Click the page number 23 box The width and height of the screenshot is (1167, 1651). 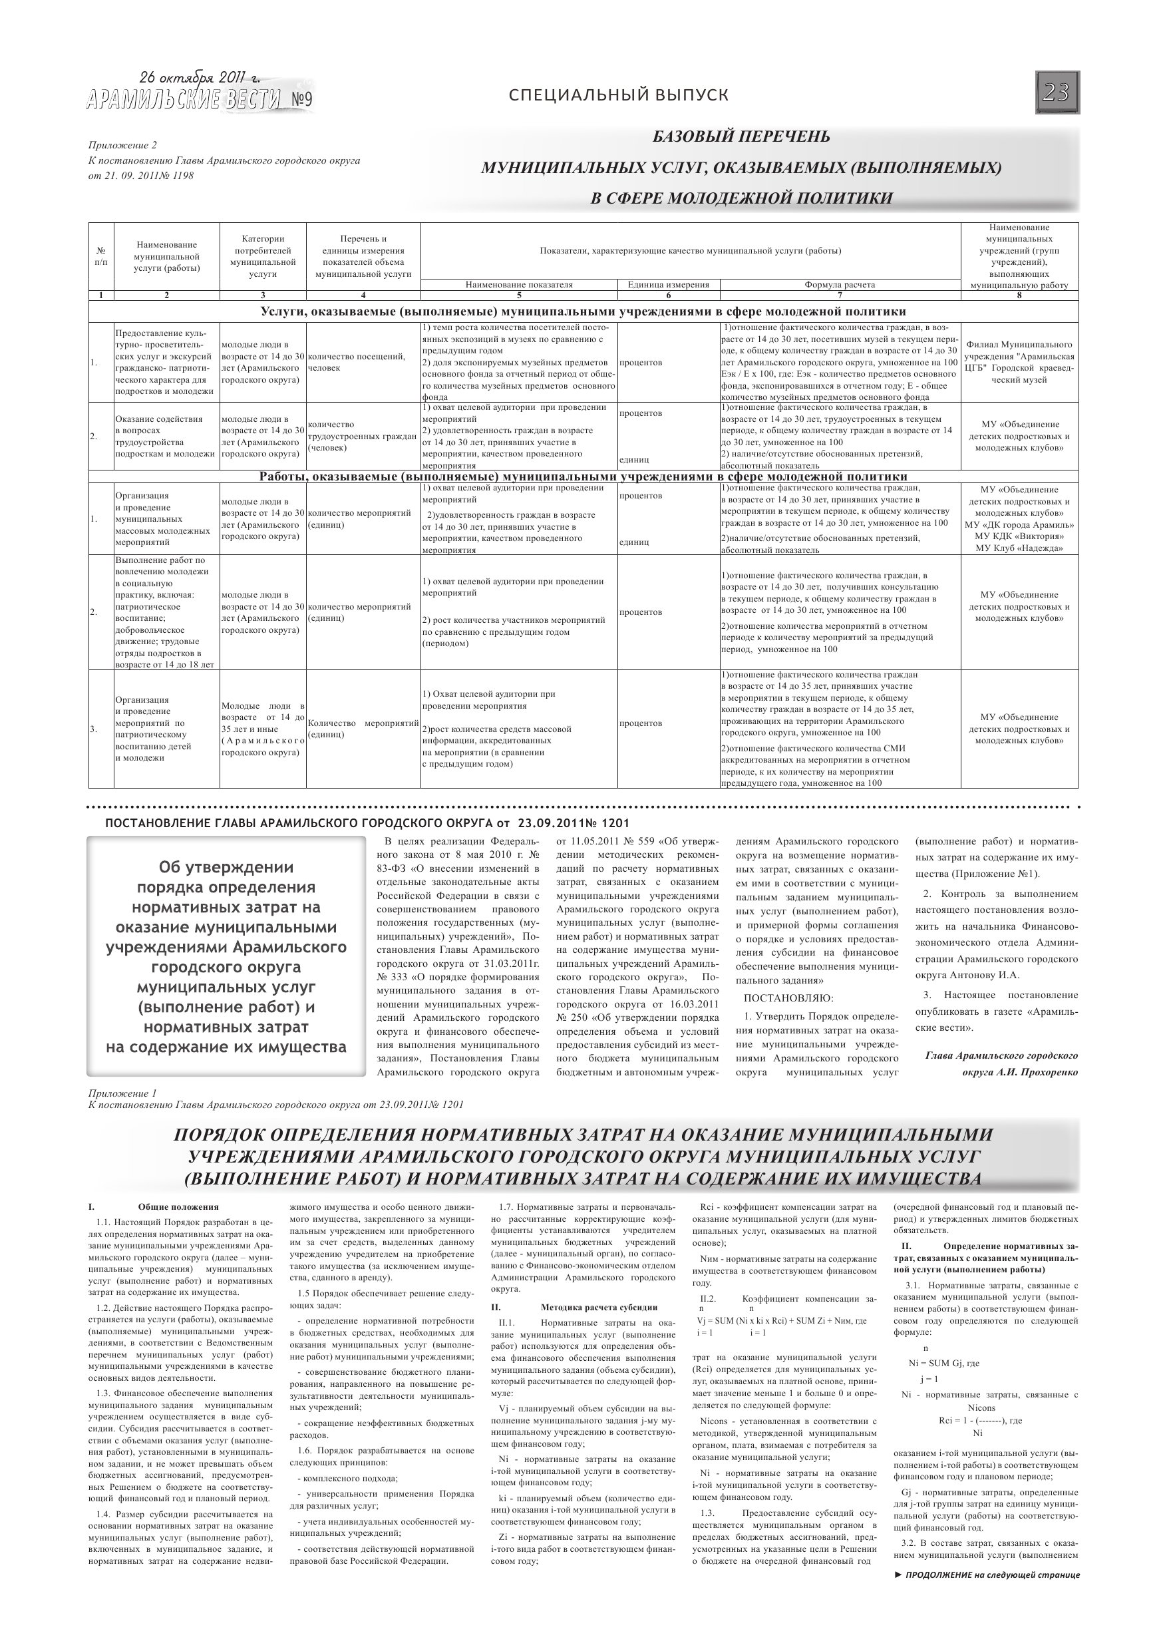point(1057,92)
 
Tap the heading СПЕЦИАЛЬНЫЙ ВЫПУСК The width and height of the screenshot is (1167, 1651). point(618,95)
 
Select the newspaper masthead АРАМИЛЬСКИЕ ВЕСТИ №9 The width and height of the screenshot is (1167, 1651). point(199,100)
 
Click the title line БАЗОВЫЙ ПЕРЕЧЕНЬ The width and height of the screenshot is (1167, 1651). point(741,136)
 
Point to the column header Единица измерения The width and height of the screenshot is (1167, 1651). point(668,285)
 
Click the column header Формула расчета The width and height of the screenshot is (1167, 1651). point(839,285)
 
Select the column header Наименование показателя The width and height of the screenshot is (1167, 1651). point(518,285)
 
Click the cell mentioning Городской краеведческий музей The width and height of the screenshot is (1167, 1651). point(1019,363)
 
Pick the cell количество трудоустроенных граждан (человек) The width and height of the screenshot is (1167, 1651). point(363,436)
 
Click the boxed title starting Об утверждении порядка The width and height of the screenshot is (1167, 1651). point(226,956)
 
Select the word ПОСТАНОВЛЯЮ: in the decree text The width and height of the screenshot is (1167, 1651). point(788,998)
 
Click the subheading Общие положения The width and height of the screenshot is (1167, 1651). point(178,1207)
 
